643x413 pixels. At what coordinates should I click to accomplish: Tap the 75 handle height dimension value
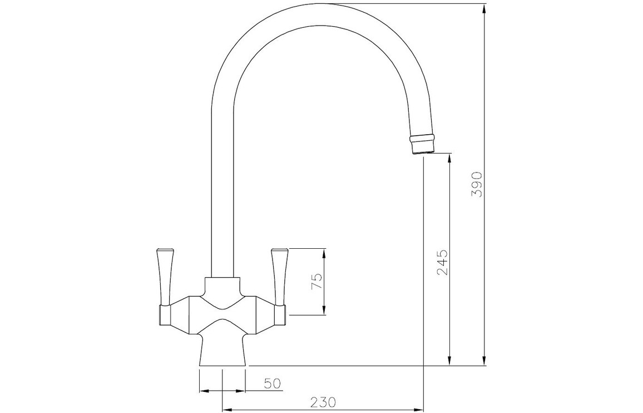click(x=318, y=282)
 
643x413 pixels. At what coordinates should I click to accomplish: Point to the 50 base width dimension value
click(x=273, y=383)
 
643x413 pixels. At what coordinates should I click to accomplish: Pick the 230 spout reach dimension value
click(x=323, y=401)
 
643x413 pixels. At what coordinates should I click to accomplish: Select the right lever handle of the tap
click(x=279, y=277)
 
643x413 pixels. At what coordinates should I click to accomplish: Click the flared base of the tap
click(x=222, y=350)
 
